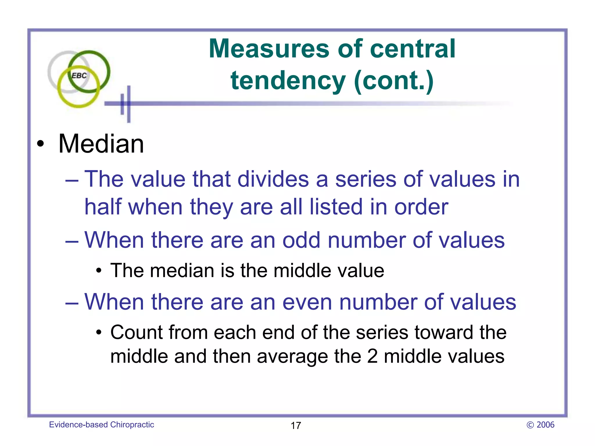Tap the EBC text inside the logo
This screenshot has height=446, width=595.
pyautogui.click(x=79, y=76)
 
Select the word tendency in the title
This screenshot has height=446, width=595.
pyautogui.click(x=288, y=81)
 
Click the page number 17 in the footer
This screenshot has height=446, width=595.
pyautogui.click(x=296, y=426)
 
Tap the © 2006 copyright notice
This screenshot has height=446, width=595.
pyautogui.click(x=540, y=425)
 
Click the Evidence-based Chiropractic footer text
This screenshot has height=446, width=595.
pyautogui.click(x=101, y=425)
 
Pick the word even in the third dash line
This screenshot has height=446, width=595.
pyautogui.click(x=307, y=302)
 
